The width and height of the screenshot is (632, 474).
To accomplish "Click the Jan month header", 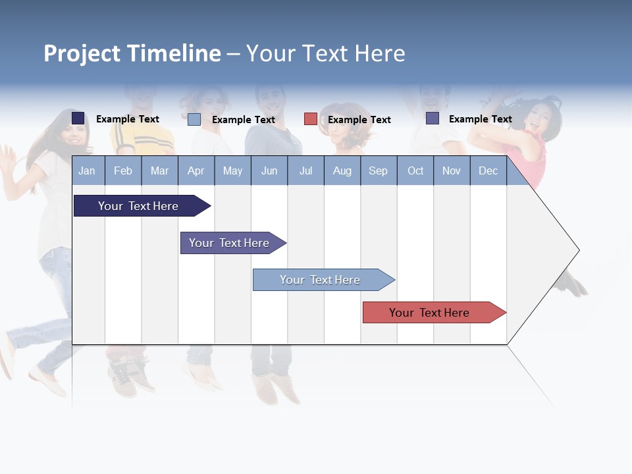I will pos(88,171).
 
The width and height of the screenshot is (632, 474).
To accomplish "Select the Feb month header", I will pos(123,171).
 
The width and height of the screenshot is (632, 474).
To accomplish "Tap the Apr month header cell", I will pos(196,171).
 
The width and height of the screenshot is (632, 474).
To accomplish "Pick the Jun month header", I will pos(269,171).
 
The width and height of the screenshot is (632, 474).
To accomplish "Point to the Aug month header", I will pos(342,171).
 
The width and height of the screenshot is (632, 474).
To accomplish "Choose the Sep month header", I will pos(379,171).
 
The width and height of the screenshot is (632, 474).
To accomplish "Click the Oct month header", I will pos(415,171).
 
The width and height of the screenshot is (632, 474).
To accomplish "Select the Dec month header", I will pos(488,171).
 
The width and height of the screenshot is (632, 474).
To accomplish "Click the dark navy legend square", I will pos(78,118).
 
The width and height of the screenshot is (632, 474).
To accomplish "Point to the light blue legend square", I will pos(194,119).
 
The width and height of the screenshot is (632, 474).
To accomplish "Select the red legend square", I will pos(311,118).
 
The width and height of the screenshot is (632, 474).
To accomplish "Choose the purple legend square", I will pos(433,118).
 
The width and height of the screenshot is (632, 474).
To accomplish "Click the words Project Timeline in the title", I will pos(132,53).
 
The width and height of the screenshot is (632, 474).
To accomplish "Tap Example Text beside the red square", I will pos(359,120).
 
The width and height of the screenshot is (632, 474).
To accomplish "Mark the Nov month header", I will pos(452,171).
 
